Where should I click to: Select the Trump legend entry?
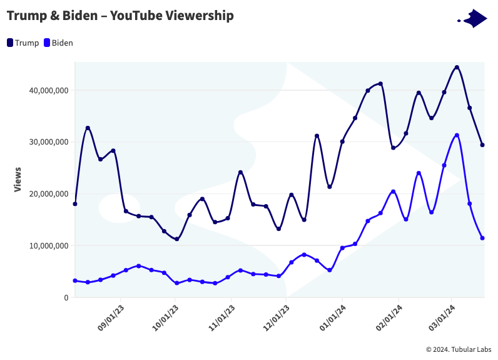[x=23, y=43]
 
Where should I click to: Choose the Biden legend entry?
[x=58, y=43]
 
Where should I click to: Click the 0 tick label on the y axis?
[x=66, y=298]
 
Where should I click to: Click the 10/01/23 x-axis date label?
[x=166, y=320]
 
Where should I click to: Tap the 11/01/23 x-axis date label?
[x=221, y=320]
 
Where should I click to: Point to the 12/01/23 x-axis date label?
[x=277, y=320]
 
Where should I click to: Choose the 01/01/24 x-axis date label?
[x=332, y=320]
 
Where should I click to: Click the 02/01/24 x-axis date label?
[x=389, y=320]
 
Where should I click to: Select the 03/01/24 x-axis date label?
[x=442, y=320]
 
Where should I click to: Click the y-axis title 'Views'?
[x=18, y=179]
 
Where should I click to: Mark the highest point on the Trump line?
[x=457, y=67]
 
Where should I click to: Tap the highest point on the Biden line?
[x=457, y=135]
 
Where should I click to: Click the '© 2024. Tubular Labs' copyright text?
[x=459, y=349]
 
